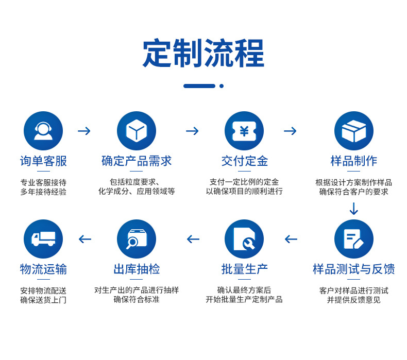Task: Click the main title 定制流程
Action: [x=203, y=54]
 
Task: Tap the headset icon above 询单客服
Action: [x=43, y=131]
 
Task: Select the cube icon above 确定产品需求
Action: [x=137, y=131]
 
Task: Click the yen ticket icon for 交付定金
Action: [x=244, y=131]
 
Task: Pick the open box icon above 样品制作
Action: [x=353, y=131]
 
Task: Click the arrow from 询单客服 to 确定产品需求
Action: [x=84, y=131]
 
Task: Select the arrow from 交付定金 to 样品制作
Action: [x=290, y=131]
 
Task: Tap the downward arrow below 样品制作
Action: [x=353, y=209]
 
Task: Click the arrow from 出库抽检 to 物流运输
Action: [x=85, y=239]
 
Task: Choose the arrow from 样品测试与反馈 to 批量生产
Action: [x=291, y=239]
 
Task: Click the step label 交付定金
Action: [x=244, y=161]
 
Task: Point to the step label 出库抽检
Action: [x=137, y=269]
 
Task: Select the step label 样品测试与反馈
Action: [x=353, y=269]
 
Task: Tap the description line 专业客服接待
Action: [x=43, y=182]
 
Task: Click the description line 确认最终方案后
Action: [x=244, y=290]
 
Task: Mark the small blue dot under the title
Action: [x=222, y=86]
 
